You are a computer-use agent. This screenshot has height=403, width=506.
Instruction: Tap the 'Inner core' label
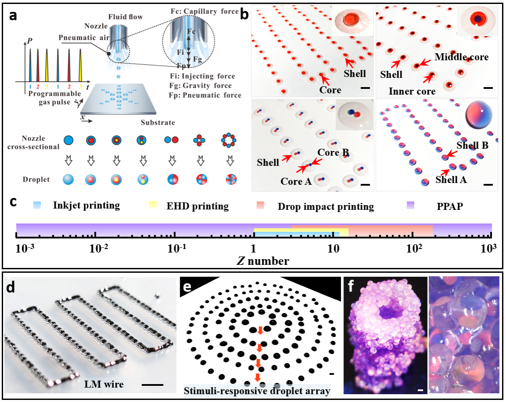click(x=412, y=92)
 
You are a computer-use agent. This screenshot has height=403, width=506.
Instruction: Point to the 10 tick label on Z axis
click(x=333, y=249)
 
